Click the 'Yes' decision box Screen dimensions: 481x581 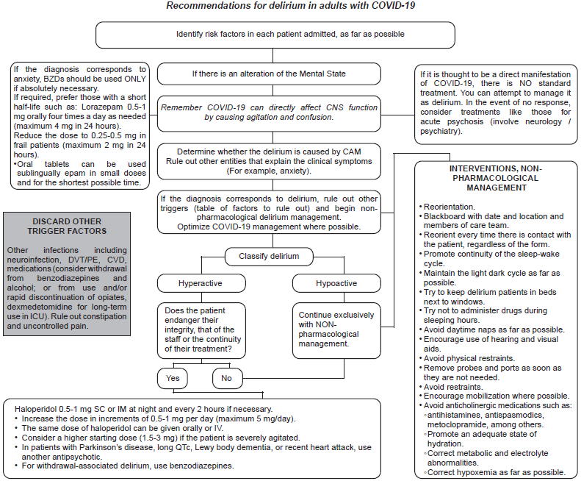pos(173,378)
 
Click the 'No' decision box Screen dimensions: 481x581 pos(228,378)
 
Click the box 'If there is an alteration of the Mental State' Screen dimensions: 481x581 pos(269,74)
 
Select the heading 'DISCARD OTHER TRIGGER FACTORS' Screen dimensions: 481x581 pos(66,227)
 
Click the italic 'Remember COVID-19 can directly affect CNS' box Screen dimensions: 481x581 pos(269,112)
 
